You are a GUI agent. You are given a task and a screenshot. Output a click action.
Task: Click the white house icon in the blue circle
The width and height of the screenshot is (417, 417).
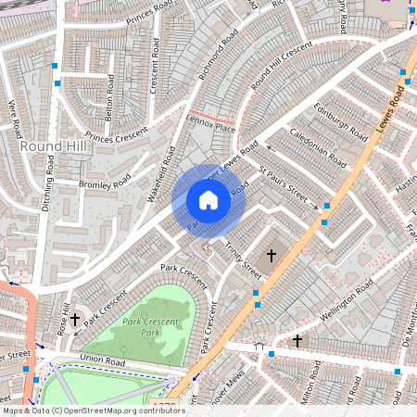coord(208,200)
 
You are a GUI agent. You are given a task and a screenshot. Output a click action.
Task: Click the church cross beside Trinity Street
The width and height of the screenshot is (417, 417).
coord(272,254)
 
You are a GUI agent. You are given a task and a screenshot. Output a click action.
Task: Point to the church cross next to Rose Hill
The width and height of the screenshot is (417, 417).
coord(74,319)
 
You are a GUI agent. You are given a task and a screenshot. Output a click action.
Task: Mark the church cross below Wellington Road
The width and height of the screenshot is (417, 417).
coord(297,341)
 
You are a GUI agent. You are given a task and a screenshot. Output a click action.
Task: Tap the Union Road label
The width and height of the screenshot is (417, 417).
coord(102,359)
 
